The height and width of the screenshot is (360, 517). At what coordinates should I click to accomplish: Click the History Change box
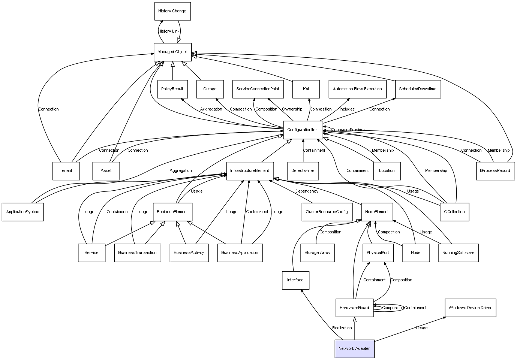pos(172,11)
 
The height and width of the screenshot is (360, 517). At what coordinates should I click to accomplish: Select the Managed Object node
pos(172,52)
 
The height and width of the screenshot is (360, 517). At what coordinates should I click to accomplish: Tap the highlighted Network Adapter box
pos(354,349)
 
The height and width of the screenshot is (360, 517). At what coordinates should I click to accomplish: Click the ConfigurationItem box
pos(303,130)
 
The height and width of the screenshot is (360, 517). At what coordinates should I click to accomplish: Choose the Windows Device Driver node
pos(470,308)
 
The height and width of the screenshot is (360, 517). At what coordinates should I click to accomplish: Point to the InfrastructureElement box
pos(250,171)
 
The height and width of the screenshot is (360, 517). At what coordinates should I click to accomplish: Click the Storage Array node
pos(317,253)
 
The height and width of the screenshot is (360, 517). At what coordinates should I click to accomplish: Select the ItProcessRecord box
pos(495,171)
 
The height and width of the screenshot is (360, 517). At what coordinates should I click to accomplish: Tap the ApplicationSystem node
pos(22,212)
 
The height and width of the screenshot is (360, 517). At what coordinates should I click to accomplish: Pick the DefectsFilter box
pos(303,171)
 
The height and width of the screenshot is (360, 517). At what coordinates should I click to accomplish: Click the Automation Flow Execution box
pos(357,89)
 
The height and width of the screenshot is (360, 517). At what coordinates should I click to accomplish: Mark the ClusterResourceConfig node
pos(327,212)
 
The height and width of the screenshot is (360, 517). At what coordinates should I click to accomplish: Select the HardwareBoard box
pos(354,308)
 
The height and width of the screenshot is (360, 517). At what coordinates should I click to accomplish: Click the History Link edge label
pos(169,31)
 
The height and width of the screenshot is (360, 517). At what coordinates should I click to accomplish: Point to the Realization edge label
pos(342,328)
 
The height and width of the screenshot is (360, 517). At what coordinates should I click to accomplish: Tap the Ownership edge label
pos(292,109)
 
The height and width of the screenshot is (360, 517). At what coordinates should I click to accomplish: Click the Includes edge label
pos(347,109)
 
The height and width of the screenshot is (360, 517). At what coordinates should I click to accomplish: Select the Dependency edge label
pos(307,191)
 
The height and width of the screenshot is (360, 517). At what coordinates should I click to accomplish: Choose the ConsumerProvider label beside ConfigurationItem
pos(348,130)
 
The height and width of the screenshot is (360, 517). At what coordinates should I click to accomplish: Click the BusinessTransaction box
pos(137,253)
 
